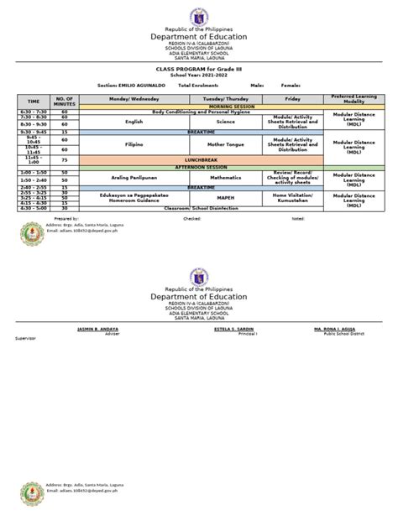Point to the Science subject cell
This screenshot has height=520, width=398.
click(x=224, y=122)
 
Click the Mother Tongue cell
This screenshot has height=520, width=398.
click(x=224, y=145)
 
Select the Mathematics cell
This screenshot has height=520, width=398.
click(x=224, y=178)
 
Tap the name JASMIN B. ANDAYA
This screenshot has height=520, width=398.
click(x=97, y=329)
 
